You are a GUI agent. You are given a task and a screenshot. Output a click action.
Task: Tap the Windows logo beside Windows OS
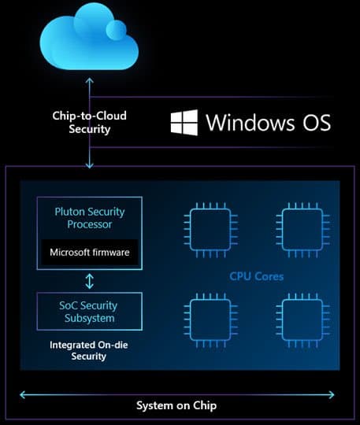[x=184, y=123]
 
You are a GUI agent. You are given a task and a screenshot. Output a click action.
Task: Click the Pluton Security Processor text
[x=89, y=218]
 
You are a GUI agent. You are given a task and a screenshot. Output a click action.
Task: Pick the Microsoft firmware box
[x=89, y=253]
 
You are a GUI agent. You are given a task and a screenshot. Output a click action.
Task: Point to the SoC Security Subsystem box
[x=89, y=312]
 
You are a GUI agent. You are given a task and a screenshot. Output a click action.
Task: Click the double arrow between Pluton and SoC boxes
[x=90, y=280]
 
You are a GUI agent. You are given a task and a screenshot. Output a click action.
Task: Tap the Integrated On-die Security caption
[x=89, y=351]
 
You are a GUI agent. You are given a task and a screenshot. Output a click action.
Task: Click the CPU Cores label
[x=257, y=277]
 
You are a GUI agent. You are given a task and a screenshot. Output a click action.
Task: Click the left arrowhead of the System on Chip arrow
[x=23, y=395]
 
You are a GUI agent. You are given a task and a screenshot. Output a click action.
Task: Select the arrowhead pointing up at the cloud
[x=91, y=80]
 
